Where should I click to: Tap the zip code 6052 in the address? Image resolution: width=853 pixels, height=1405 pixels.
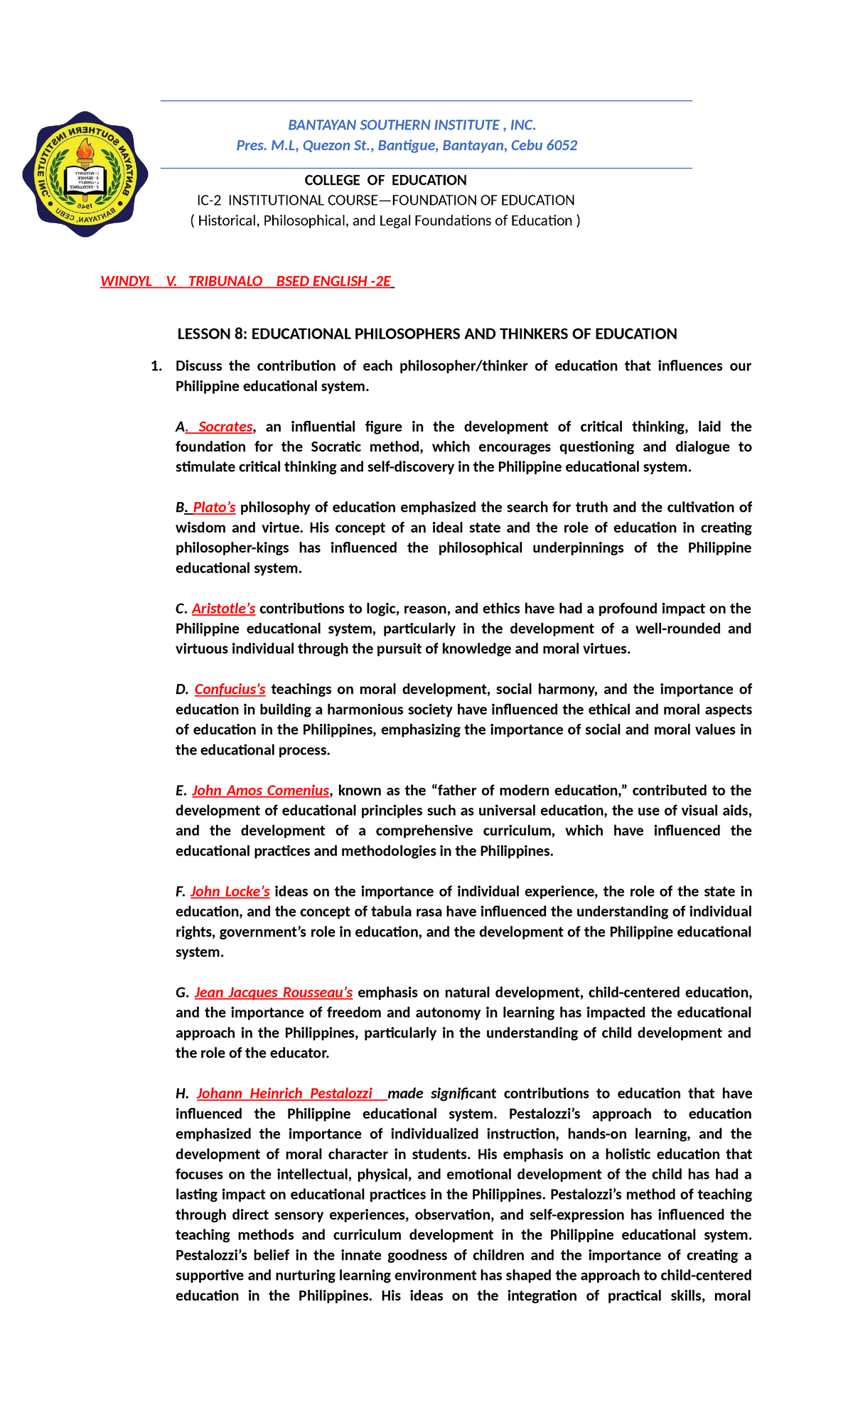562,146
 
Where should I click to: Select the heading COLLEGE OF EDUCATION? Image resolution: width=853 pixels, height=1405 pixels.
385,181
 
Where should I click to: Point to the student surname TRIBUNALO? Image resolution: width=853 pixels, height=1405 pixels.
225,282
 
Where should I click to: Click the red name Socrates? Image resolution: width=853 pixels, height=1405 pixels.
225,427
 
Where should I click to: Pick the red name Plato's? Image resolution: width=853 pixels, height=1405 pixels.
214,508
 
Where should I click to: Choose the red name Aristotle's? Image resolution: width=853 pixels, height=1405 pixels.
223,609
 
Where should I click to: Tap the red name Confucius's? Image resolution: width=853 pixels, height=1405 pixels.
230,690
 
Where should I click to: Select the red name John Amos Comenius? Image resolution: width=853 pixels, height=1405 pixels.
260,791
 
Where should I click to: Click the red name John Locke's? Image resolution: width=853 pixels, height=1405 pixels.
230,892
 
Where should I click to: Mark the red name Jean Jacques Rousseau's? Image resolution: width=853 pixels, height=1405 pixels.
273,993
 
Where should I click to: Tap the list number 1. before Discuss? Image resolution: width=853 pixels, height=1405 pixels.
156,366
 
